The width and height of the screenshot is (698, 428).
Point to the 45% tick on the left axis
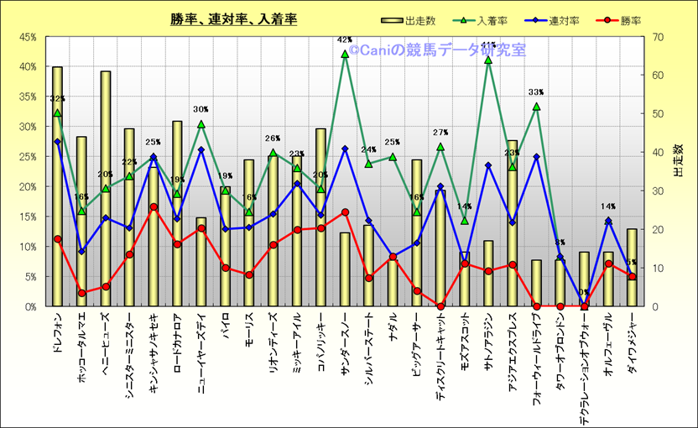click(27, 37)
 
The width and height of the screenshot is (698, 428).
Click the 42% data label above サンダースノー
click(344, 39)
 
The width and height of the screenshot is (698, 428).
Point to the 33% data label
click(536, 92)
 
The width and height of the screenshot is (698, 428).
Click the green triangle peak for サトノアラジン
click(488, 60)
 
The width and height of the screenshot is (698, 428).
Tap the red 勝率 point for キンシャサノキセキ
click(154, 206)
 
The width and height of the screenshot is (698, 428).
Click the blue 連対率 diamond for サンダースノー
click(345, 149)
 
